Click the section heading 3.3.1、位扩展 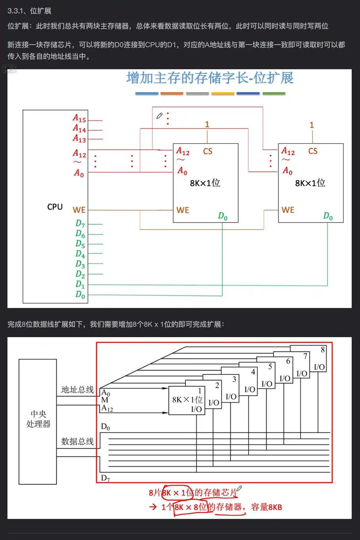[x=29, y=11]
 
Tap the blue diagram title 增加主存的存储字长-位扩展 [x=210, y=78]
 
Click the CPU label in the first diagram [x=55, y=207]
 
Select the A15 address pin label [x=79, y=118]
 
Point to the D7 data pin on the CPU [x=80, y=223]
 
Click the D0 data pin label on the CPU [x=80, y=294]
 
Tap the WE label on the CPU [x=79, y=210]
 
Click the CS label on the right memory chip [x=313, y=151]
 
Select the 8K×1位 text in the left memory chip [x=205, y=183]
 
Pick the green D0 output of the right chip [x=328, y=216]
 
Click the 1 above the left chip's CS [x=207, y=124]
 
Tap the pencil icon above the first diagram [x=159, y=116]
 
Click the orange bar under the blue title [x=172, y=93]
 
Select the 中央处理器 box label [x=38, y=419]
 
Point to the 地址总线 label [x=77, y=389]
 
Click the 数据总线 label [x=77, y=441]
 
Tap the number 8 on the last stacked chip [x=323, y=349]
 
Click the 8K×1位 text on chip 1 [x=187, y=399]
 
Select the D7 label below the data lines [x=105, y=478]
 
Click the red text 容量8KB [x=266, y=507]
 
